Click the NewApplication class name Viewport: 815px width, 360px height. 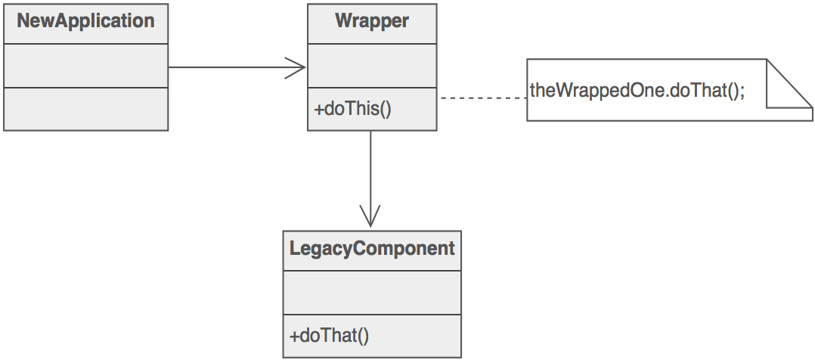(85, 21)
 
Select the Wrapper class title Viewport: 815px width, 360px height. (371, 21)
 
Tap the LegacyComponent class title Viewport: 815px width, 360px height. (372, 248)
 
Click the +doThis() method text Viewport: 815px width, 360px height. (353, 109)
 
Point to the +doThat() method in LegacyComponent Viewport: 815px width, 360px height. (329, 335)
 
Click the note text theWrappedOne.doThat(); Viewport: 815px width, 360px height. (637, 91)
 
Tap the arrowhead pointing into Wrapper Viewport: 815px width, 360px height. (299, 67)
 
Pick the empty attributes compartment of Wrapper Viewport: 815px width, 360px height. (371, 66)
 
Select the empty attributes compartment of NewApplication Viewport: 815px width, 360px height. (85, 66)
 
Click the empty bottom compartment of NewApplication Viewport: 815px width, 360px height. (85, 109)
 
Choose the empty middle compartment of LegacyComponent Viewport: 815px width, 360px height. (372, 292)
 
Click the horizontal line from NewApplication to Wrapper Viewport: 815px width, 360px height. (227, 67)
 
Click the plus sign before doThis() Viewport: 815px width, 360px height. (318, 109)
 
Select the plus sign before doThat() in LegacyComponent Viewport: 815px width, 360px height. (294, 335)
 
